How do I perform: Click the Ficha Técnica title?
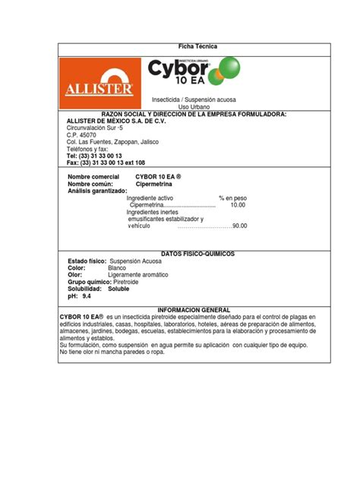click(197, 47)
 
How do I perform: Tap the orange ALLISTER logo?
click(103, 84)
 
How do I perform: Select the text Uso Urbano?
click(197, 106)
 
